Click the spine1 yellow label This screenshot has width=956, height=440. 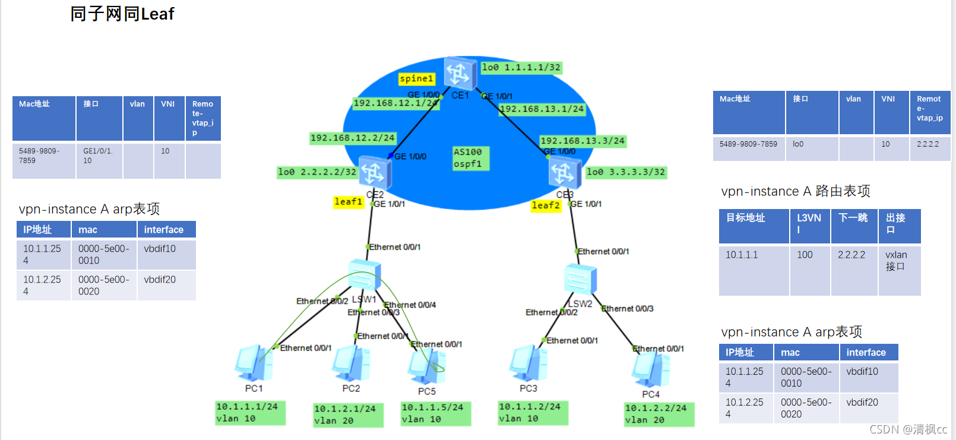click(x=416, y=78)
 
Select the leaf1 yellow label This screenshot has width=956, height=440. click(x=348, y=202)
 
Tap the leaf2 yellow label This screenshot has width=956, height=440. click(x=545, y=205)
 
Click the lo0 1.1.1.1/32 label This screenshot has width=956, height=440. click(x=521, y=68)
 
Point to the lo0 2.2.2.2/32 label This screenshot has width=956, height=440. click(x=317, y=172)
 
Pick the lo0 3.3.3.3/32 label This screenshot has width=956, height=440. click(x=626, y=172)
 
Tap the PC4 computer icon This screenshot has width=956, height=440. click(x=650, y=369)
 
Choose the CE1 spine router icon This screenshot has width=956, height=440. click(x=459, y=73)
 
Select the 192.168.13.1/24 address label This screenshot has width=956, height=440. click(x=542, y=109)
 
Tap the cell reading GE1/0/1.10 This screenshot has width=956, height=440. click(x=99, y=156)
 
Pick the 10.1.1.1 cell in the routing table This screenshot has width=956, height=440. click(x=742, y=255)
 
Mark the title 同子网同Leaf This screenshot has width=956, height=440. click(x=122, y=14)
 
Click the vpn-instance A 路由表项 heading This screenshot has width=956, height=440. click(x=795, y=191)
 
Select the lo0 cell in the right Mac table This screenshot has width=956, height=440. click(x=798, y=144)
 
